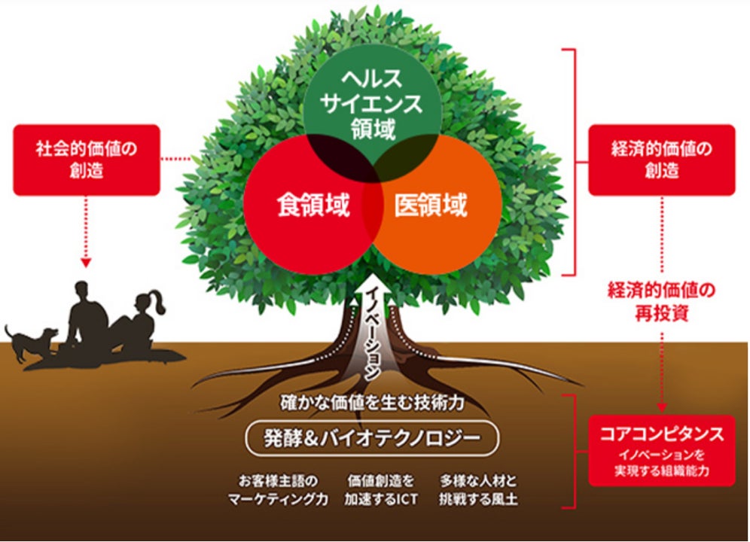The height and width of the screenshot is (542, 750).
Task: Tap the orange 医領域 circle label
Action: (431, 206)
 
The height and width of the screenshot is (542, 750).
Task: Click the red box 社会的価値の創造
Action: (87, 160)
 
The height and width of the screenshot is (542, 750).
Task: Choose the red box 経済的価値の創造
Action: (661, 160)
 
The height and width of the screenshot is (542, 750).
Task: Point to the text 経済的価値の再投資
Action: (661, 302)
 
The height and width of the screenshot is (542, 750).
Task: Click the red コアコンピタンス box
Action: (661, 449)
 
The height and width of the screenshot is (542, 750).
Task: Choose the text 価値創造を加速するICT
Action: (383, 490)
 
